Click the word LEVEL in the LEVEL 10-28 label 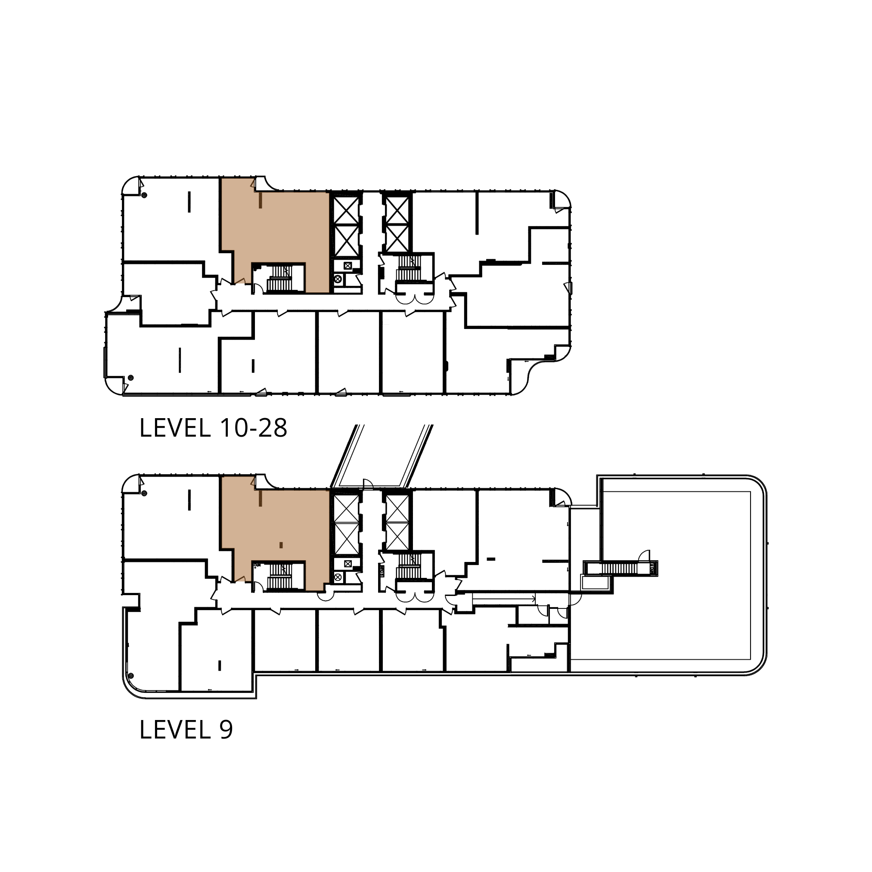coord(175,428)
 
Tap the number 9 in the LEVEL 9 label coord(226,730)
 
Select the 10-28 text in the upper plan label coord(253,428)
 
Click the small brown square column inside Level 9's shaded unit coord(281,545)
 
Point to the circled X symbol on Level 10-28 coord(338,279)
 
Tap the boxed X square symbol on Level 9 coord(348,563)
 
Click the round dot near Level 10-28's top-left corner coord(144,196)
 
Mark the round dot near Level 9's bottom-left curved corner coord(131,676)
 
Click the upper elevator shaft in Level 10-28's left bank coord(346,210)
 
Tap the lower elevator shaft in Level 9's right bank coord(397,536)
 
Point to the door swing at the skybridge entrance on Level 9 coord(368,484)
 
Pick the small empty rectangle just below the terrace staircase coord(596,583)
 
